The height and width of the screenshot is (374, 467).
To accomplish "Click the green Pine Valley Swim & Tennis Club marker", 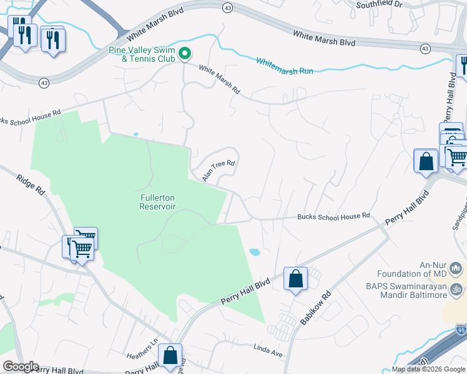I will [x=184, y=54].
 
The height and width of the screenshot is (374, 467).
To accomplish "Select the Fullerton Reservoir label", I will [x=157, y=201].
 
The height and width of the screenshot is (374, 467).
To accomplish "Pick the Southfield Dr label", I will [x=381, y=4].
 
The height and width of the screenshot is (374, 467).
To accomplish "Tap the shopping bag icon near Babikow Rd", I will [x=295, y=278].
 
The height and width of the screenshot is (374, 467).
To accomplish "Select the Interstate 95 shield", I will [x=461, y=328].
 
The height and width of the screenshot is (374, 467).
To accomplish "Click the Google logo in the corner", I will [x=21, y=367].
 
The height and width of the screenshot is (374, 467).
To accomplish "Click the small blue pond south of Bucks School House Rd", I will [x=255, y=252].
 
